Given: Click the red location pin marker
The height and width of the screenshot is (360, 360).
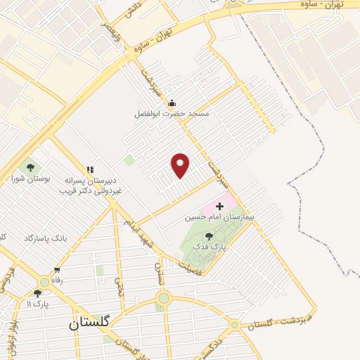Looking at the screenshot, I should (x=181, y=165).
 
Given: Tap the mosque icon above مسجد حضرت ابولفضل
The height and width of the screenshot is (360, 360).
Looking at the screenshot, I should (x=172, y=103).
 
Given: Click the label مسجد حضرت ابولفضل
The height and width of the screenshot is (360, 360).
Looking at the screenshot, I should (x=172, y=113).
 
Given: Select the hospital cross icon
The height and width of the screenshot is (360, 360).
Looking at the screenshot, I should (x=219, y=206).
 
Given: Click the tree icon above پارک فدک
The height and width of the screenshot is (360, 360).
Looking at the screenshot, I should (x=209, y=236).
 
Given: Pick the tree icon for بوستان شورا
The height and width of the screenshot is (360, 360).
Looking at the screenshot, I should (x=30, y=167).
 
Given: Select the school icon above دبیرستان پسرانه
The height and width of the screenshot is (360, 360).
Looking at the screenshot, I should (x=89, y=169).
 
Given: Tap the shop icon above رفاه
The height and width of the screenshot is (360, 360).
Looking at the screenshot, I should (x=57, y=269).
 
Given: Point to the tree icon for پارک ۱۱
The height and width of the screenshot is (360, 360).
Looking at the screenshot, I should (x=37, y=293).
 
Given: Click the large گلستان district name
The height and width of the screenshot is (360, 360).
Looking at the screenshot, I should (x=90, y=323).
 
